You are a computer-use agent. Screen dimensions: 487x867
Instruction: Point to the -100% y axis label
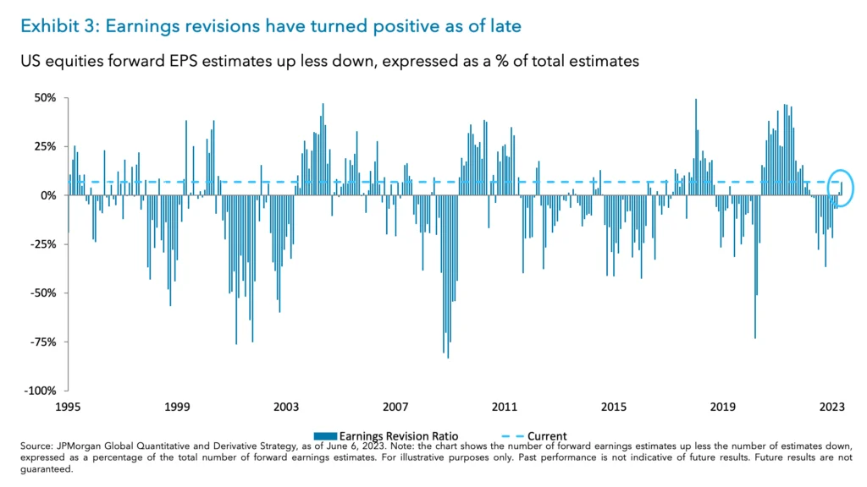(x=39, y=391)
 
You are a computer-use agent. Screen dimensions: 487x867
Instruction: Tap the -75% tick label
(x=41, y=342)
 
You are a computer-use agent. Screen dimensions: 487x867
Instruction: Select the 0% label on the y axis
(x=47, y=195)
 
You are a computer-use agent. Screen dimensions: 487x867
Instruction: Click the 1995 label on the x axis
(x=68, y=408)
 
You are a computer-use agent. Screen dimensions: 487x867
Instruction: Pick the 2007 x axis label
(x=395, y=408)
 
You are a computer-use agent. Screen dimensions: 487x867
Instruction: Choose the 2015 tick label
(x=614, y=408)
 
